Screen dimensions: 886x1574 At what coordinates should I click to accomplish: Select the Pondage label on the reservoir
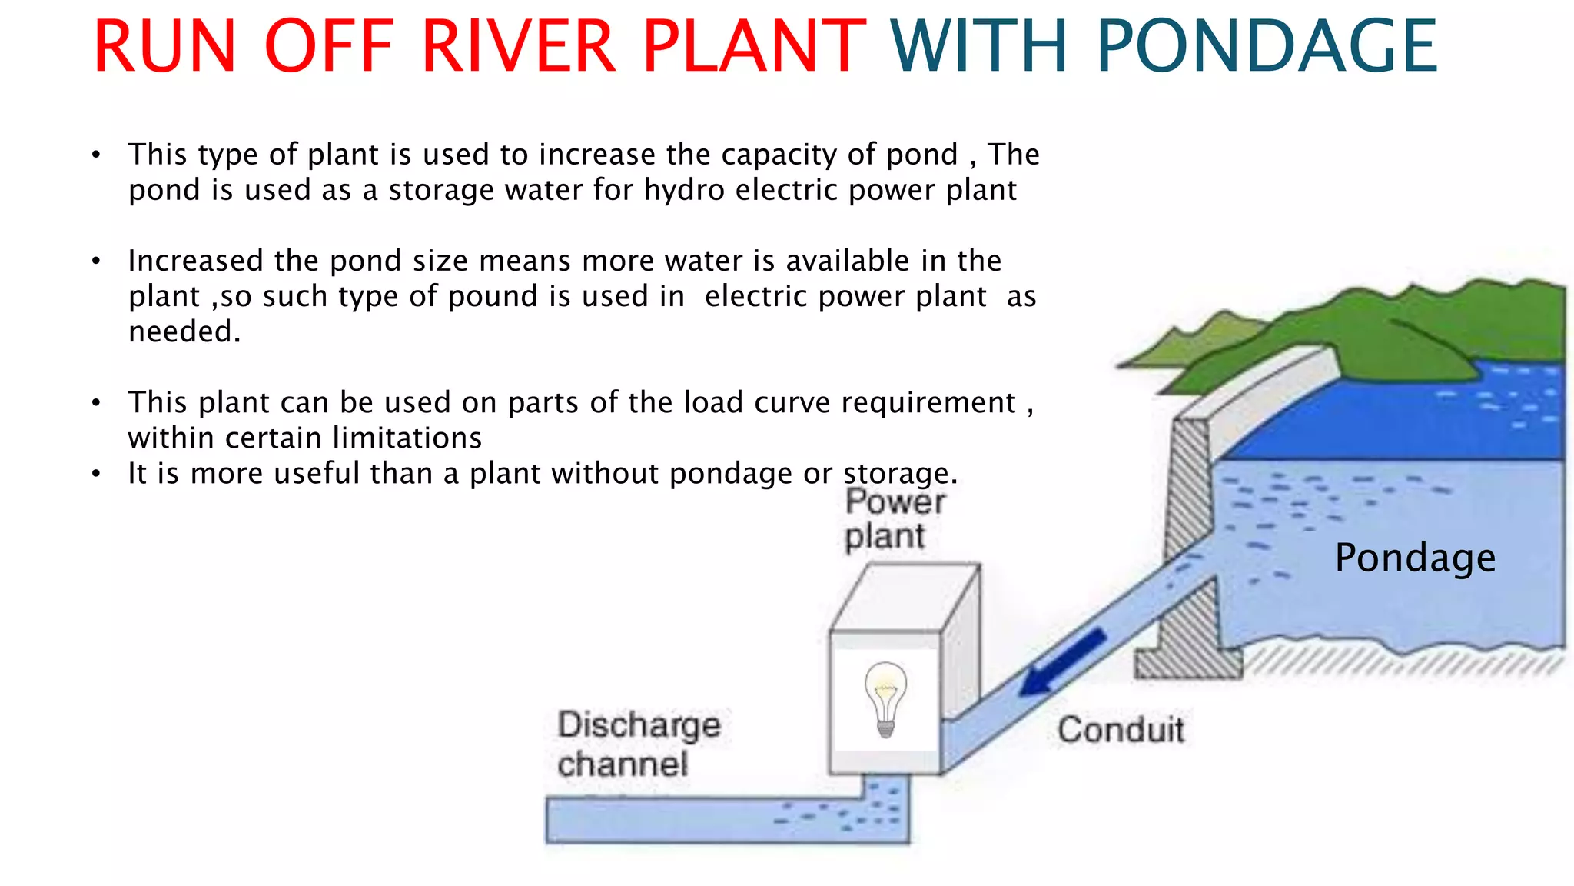tap(1415, 558)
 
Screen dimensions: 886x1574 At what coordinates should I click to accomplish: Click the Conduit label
tap(1120, 729)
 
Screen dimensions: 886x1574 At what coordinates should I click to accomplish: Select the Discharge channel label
tap(638, 744)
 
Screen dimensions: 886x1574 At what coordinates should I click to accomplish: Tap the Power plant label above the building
tap(894, 519)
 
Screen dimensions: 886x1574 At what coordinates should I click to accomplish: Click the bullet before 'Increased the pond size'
tap(95, 261)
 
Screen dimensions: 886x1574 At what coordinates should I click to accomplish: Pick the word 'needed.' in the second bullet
tap(184, 331)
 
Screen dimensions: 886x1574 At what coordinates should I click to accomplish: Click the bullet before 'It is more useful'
tap(95, 474)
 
